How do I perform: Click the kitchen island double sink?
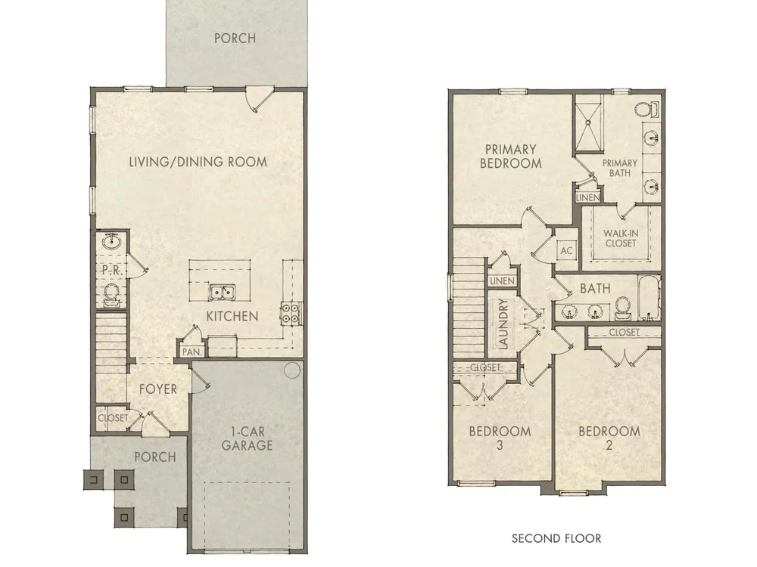(222, 292)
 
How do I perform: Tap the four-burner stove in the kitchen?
(291, 313)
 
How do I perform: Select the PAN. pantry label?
(192, 352)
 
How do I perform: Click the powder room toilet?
(111, 294)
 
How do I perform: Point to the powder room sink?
(113, 240)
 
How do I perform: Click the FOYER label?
(158, 389)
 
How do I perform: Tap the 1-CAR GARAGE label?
(248, 438)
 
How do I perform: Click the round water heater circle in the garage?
(291, 370)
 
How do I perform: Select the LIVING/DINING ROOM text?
(198, 162)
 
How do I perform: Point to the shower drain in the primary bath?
(588, 122)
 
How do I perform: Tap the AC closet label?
(566, 251)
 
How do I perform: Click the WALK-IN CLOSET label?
(621, 238)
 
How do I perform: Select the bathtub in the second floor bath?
(650, 297)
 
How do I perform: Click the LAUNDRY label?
(503, 324)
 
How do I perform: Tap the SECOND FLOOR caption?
(556, 538)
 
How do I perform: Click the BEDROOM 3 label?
(500, 438)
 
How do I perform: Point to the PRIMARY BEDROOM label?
(511, 156)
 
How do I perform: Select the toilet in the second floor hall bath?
(622, 308)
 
